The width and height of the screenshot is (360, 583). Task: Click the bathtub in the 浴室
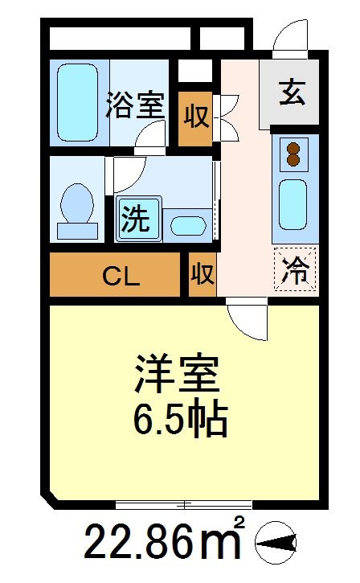click(78, 102)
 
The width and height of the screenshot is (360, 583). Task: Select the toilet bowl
click(77, 203)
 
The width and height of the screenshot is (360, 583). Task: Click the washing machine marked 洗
click(138, 219)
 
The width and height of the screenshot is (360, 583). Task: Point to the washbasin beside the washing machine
click(187, 225)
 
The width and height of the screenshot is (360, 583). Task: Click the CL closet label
click(121, 276)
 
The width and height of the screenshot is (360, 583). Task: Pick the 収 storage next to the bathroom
click(196, 116)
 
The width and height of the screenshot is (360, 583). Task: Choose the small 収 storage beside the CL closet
click(202, 275)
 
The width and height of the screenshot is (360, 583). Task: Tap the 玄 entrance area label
click(292, 92)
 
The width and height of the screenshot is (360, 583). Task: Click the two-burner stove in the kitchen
click(293, 154)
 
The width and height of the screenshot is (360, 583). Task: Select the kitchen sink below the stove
click(292, 204)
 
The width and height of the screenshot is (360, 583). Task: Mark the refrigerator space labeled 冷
click(295, 269)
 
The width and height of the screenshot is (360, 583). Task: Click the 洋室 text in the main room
click(178, 373)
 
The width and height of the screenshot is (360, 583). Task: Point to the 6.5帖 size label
click(181, 420)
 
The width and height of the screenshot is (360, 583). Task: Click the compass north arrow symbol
click(276, 544)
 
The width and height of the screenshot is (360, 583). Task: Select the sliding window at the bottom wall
click(183, 504)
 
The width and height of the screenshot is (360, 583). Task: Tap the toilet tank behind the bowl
click(77, 231)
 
